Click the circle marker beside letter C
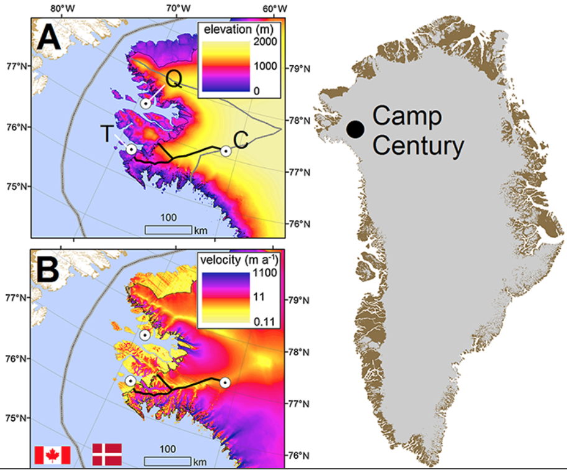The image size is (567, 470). [226, 150]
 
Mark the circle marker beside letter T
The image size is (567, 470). [131, 149]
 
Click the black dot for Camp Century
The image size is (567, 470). [355, 129]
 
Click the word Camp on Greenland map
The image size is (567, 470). [407, 116]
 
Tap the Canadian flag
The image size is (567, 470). [52, 454]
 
